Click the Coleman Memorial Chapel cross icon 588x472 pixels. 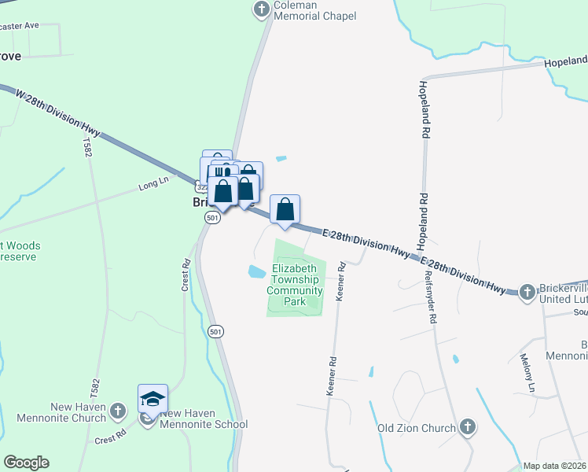[x=262, y=9]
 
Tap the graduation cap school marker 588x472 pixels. [x=153, y=399]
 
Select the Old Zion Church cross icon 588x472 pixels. [x=467, y=427]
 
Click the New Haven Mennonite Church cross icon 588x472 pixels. [x=117, y=410]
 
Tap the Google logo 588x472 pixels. [x=26, y=463]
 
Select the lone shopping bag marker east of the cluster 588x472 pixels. [x=285, y=210]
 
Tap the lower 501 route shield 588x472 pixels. [x=216, y=332]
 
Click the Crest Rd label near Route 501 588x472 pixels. [x=186, y=273]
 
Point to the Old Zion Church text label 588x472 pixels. [x=417, y=428]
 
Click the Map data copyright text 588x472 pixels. [x=554, y=466]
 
